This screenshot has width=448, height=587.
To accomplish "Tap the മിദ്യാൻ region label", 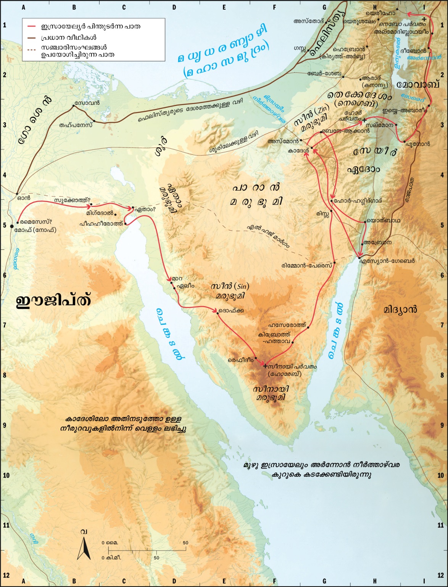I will pyautogui.click(x=400, y=309).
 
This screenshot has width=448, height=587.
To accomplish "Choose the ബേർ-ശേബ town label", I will pyautogui.click(x=324, y=73).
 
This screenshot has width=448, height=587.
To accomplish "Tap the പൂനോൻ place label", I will pyautogui.click(x=418, y=144).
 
